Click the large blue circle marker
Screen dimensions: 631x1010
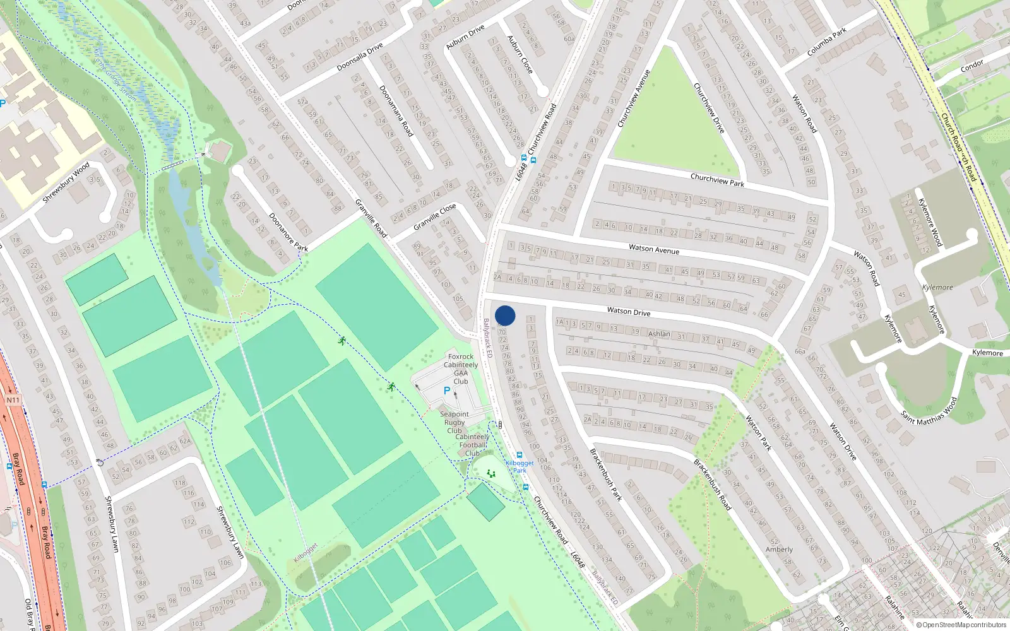[x=505, y=315]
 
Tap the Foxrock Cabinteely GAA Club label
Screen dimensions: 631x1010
[x=461, y=369]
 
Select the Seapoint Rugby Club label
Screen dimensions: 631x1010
[x=454, y=422]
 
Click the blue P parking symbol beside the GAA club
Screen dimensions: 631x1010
[x=447, y=391]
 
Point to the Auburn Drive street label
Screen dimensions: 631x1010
[x=465, y=37]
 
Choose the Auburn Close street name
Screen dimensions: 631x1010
[x=520, y=54]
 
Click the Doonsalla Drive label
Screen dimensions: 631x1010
[x=360, y=57]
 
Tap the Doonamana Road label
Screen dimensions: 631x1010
[x=396, y=111]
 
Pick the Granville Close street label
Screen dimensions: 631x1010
[x=434, y=216]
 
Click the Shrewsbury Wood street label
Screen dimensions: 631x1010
[x=66, y=182]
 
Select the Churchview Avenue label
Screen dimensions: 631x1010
[x=634, y=98]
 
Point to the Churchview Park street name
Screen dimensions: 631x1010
[x=717, y=180]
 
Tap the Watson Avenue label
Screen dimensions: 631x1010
[x=654, y=249]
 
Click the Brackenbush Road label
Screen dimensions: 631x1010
[x=712, y=485]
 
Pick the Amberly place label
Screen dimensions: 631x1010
[x=779, y=550]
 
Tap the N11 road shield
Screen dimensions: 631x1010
[x=13, y=400]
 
